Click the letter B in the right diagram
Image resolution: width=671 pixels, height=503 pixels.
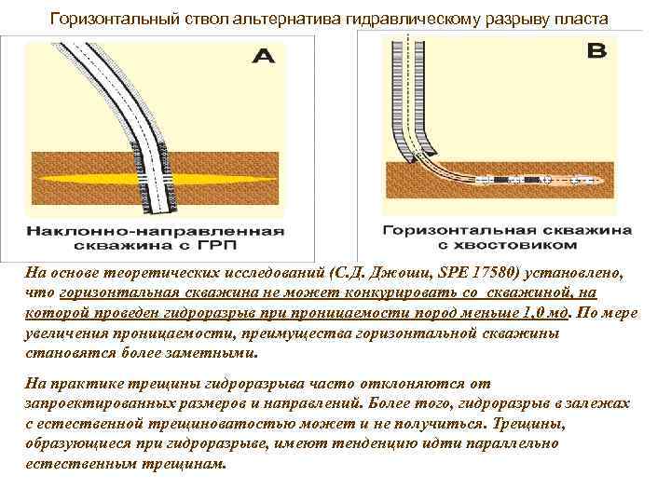597,51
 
